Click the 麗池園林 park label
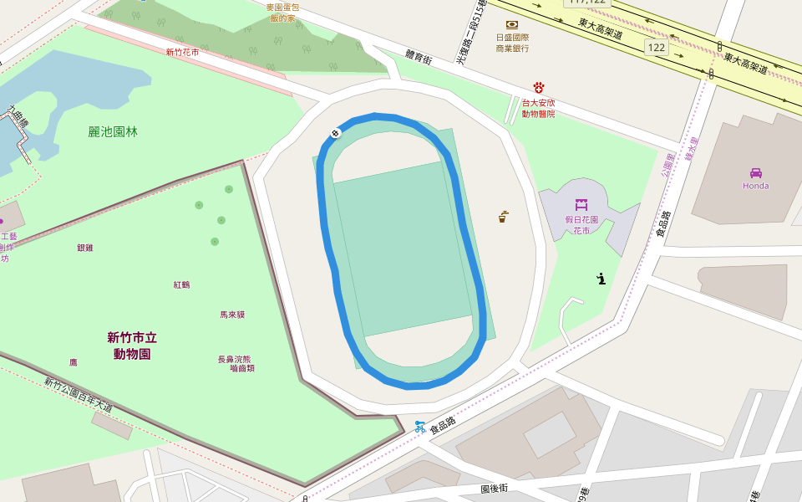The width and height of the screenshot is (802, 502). coord(113,131)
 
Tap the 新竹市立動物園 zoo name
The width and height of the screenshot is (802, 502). coord(132,346)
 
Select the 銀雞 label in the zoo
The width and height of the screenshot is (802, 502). coord(85,248)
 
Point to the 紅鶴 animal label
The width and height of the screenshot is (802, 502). coord(181,284)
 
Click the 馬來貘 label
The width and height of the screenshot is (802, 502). coord(232,315)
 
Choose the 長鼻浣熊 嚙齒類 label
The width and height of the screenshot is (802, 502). coord(236,363)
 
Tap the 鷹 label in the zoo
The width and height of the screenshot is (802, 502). coord(74,362)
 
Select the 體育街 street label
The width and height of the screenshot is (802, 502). coord(418,58)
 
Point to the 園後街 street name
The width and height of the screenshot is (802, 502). coord(495,488)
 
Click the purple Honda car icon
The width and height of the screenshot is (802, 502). coord(755,172)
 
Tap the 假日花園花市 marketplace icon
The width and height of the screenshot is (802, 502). coord(581,204)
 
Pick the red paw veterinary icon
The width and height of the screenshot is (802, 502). coord(539,88)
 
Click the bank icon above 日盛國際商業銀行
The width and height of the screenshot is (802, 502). coord(511,25)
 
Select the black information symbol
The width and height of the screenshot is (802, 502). coord(601,279)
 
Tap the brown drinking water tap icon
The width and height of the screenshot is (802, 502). coord(503,217)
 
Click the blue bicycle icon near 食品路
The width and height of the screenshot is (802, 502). coord(419,427)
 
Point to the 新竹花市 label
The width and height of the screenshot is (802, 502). coord(182,52)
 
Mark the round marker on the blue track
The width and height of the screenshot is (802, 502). coord(336,133)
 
